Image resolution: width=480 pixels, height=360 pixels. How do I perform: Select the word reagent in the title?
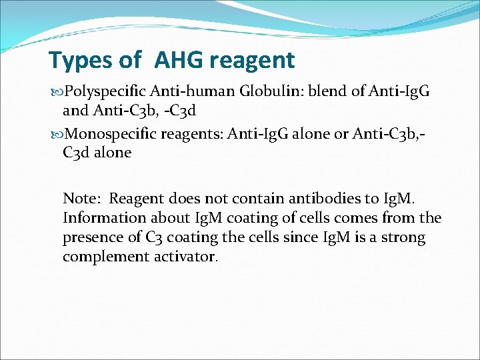coord(251,61)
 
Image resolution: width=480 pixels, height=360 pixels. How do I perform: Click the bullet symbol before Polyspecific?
coord(55,91)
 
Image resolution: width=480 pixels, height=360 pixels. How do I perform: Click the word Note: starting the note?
coord(82,198)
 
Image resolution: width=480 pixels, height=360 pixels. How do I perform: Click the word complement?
coord(103,257)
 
